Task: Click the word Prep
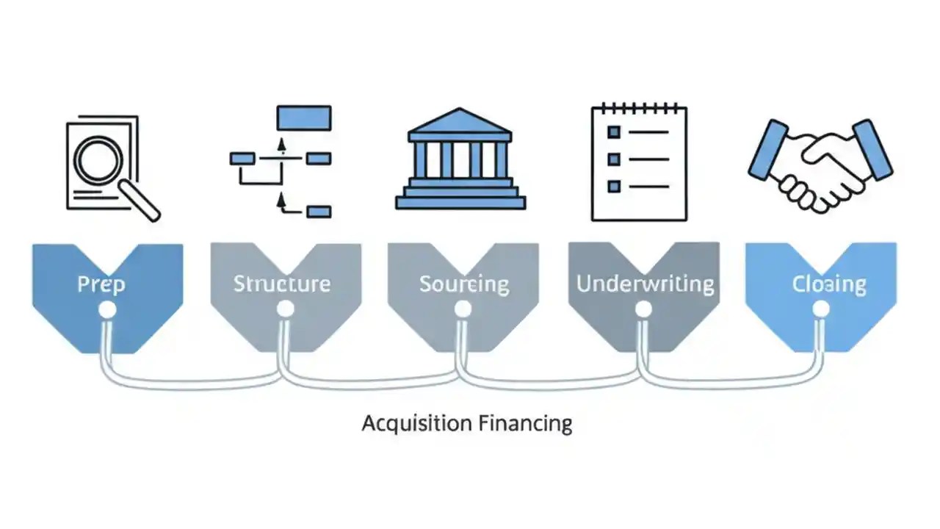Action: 101,284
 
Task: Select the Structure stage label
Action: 281,284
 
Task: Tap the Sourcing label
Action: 464,284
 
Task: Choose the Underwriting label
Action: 645,284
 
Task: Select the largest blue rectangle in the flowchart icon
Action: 303,118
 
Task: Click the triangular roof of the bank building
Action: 460,122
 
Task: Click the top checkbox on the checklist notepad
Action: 614,132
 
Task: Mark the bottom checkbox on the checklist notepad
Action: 614,186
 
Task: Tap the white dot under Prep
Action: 106,309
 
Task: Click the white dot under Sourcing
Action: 463,309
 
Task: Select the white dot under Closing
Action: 821,309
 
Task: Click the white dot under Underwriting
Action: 643,309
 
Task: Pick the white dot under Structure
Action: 285,309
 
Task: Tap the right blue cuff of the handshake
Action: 872,150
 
